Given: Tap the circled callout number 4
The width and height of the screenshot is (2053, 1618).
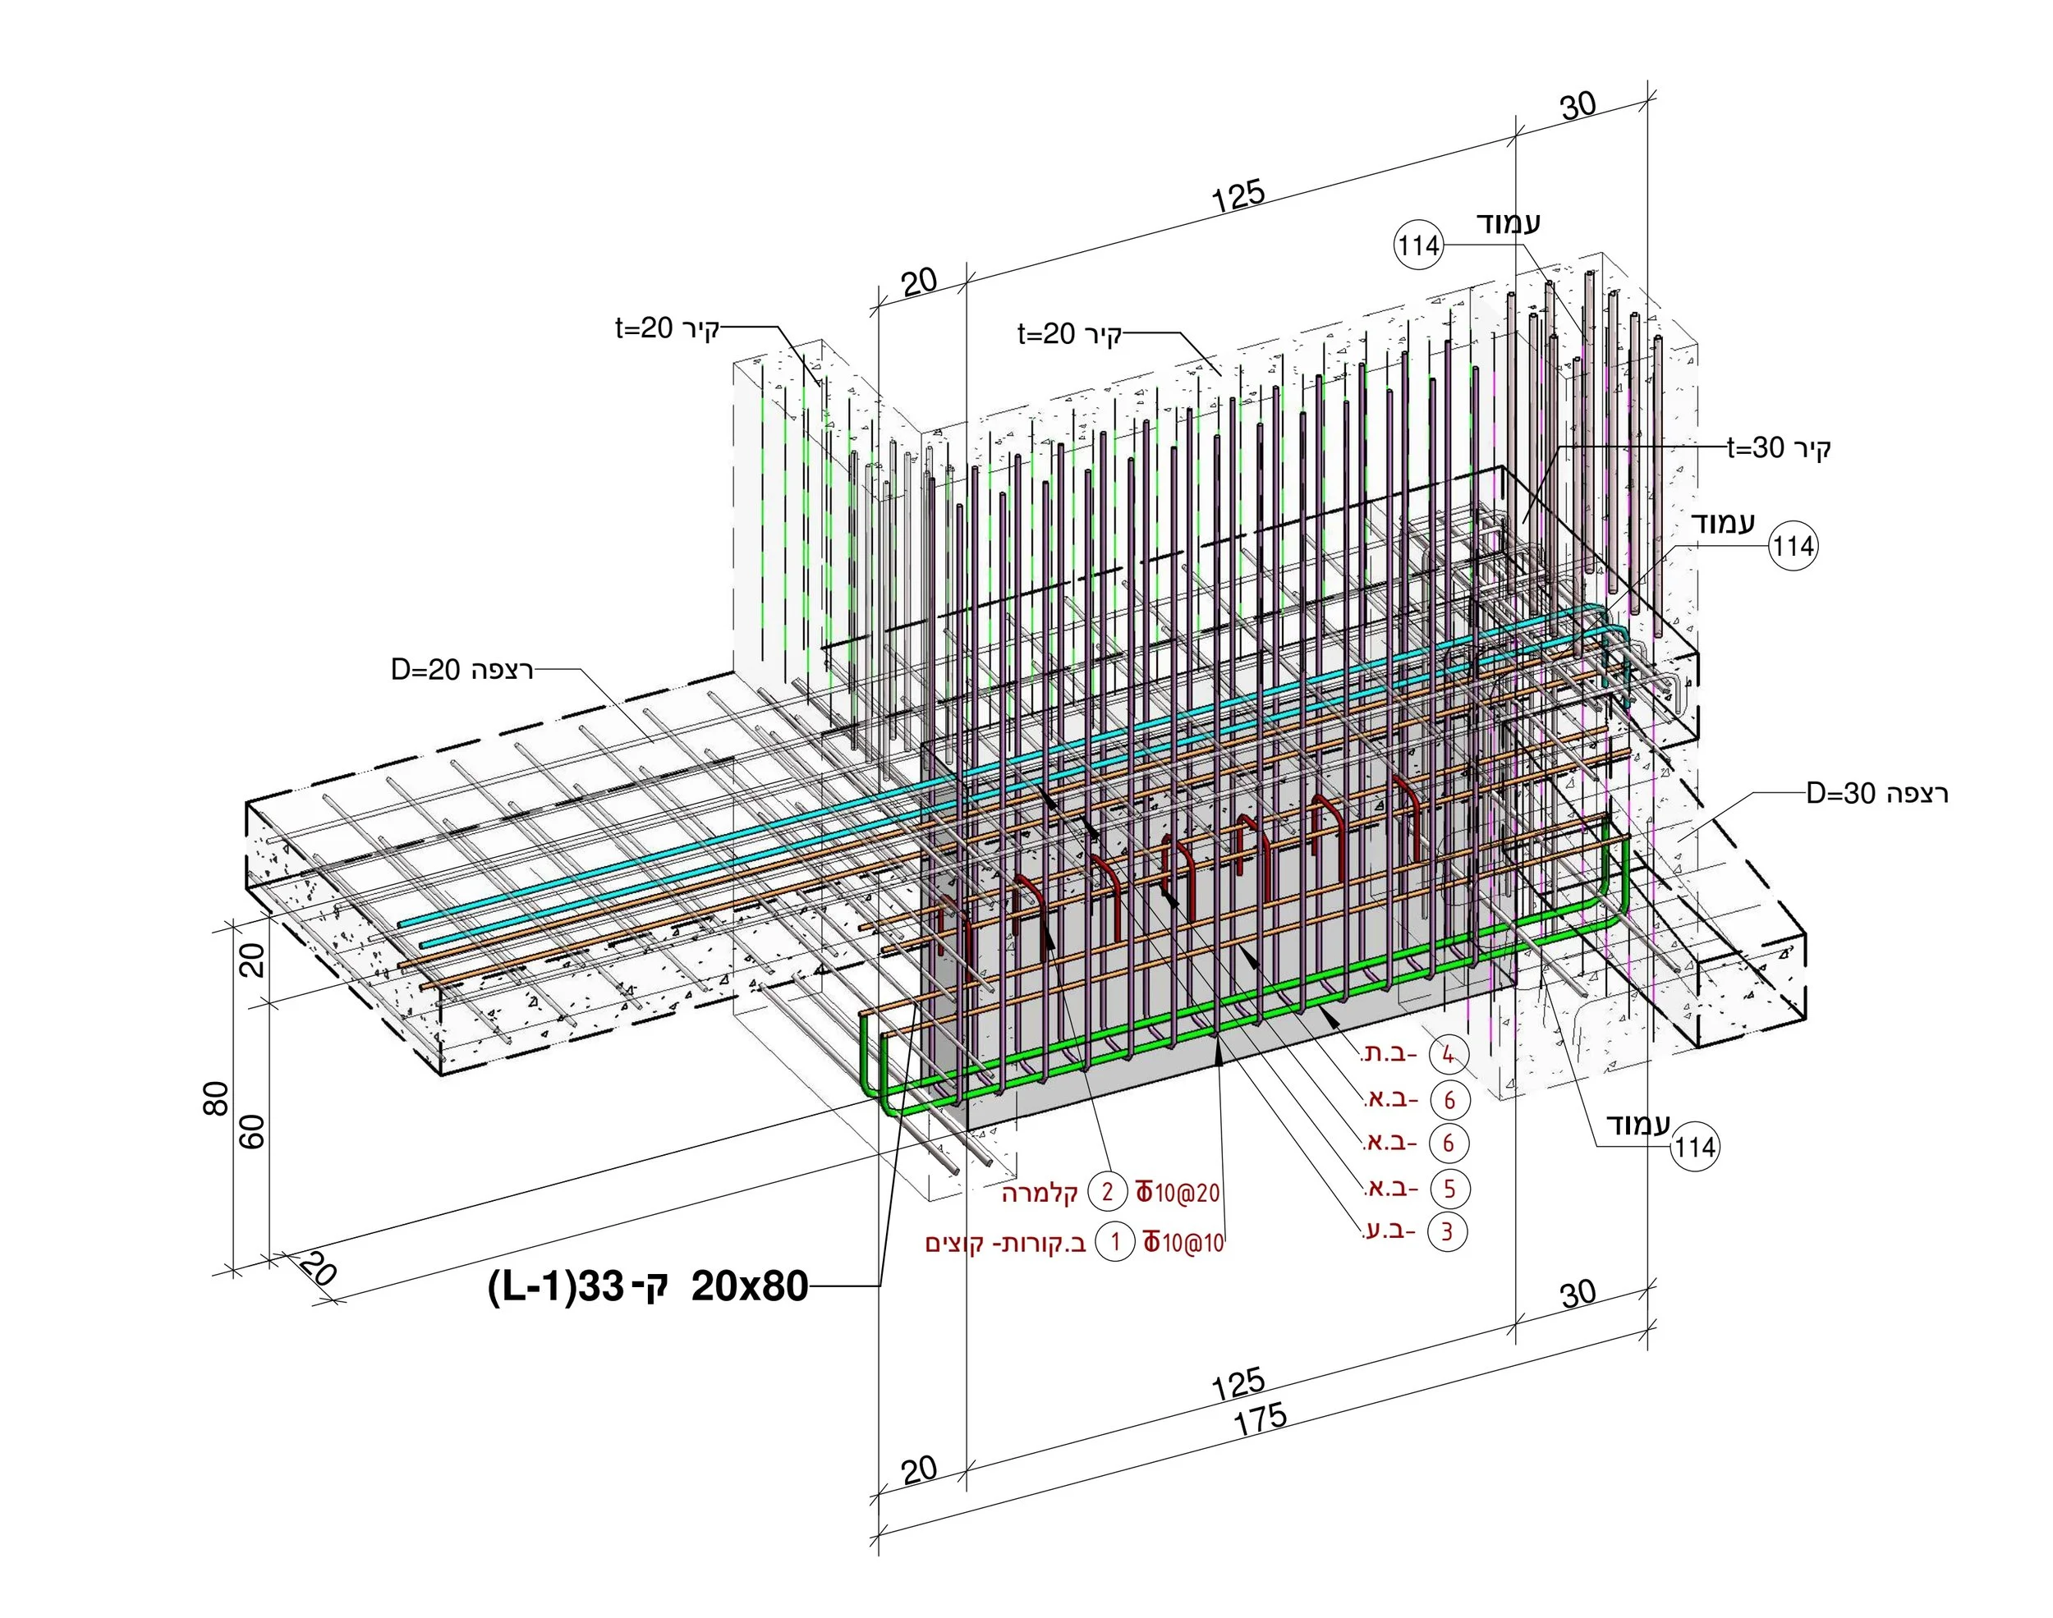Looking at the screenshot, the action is coord(1448,1054).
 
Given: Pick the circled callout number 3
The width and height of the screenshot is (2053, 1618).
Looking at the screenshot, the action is coord(1447,1231).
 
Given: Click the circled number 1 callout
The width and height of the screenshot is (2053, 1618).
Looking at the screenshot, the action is coord(1115,1241).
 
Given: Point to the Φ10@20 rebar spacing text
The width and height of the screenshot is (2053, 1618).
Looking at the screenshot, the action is coord(1178,1192).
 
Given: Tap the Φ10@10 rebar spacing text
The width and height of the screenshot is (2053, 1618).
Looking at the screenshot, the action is coord(1183,1242).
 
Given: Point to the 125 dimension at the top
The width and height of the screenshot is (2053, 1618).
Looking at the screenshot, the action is coord(1238,195).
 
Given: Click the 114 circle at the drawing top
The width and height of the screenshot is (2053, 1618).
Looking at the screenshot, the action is coord(1418,246).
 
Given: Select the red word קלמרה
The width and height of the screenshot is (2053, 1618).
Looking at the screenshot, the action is coord(1040,1193).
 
